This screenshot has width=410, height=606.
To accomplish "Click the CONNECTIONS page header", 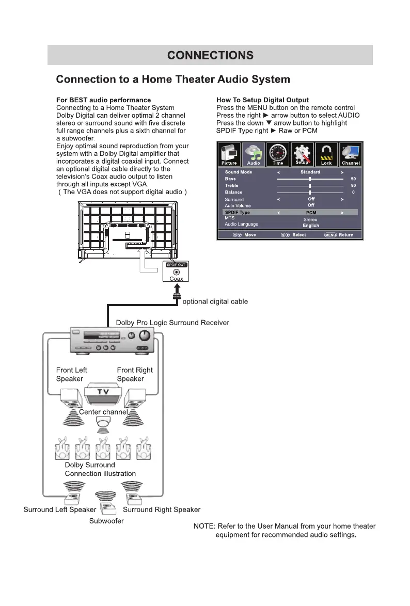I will click(210, 55).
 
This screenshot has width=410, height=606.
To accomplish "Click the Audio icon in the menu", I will click(254, 154).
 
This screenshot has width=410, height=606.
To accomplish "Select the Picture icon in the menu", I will click(229, 154).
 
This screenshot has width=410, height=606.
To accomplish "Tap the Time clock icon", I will click(278, 154).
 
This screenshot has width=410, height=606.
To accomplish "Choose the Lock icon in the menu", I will click(326, 154).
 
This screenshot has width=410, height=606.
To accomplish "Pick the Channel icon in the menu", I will click(351, 154).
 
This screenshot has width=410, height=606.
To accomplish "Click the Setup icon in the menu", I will click(302, 154).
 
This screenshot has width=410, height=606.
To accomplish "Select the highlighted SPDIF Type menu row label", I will click(237, 212).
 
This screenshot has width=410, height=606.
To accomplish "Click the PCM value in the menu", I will click(311, 213).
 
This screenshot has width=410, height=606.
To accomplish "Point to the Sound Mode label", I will click(239, 172).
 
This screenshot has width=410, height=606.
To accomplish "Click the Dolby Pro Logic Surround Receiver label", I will click(172, 323).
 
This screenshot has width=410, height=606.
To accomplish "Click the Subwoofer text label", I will click(106, 521).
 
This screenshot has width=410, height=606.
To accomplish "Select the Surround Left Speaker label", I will click(60, 509).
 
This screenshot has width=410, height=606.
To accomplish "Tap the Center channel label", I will click(103, 412).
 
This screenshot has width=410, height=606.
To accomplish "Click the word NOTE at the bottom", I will click(203, 526).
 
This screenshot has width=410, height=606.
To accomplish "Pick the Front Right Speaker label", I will click(135, 374).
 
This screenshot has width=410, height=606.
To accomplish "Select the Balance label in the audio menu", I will click(233, 192).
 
